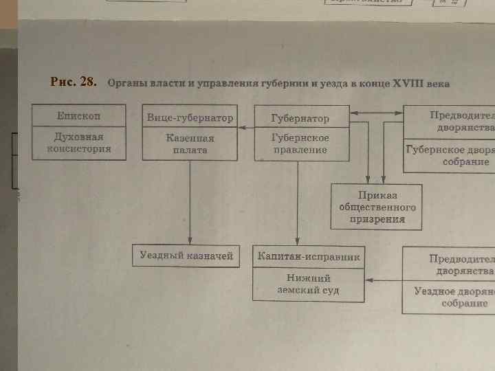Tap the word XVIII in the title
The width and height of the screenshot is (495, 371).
coord(410,85)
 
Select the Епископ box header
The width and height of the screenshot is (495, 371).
coord(79,116)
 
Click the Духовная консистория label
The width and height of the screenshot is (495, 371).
coord(79,142)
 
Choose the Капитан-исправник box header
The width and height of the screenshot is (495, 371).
coord(309,256)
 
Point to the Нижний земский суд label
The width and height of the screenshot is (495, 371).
coord(309,284)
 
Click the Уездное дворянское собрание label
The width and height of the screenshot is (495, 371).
coord(454,297)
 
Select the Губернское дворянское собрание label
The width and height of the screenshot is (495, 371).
coord(450,155)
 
